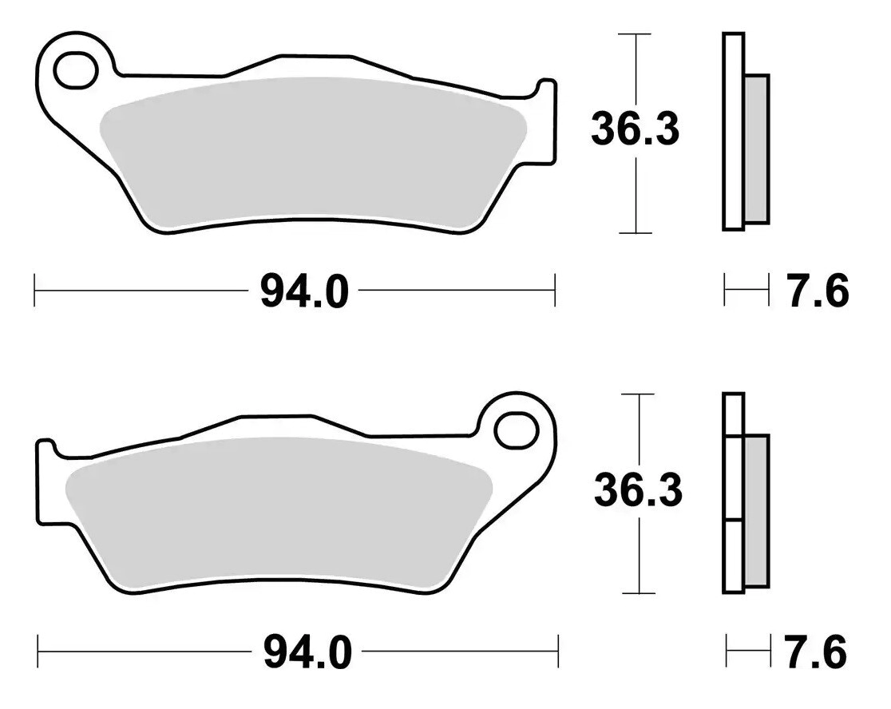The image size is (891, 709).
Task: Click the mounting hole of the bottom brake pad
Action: [516, 431]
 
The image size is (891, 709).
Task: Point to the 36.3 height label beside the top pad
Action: [635, 129]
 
